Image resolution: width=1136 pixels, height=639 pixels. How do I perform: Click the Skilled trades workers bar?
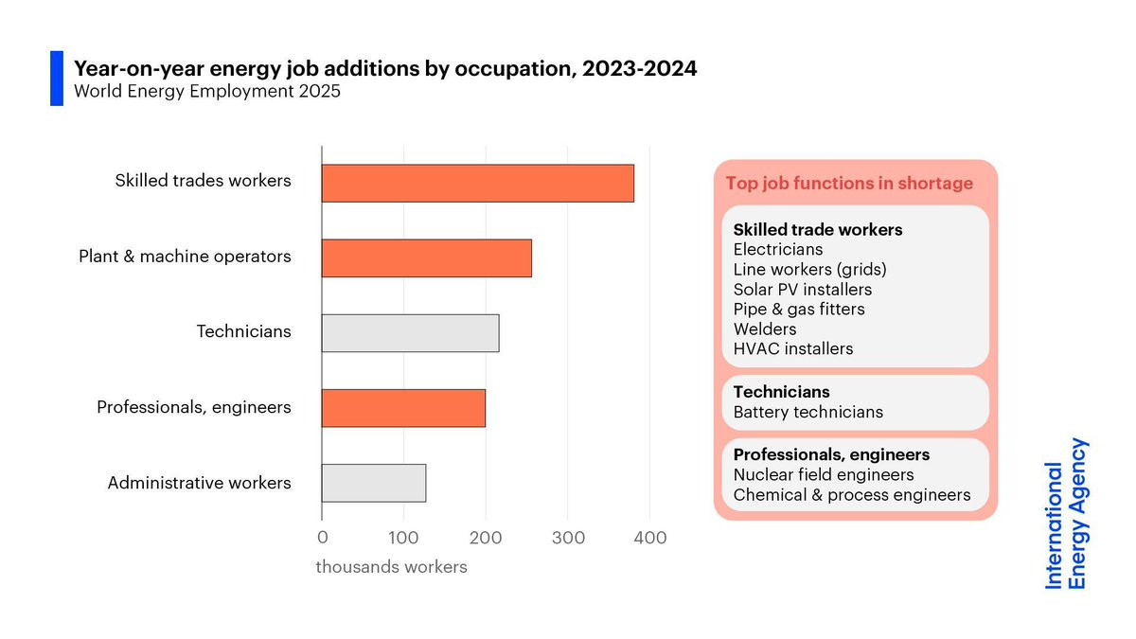pyautogui.click(x=477, y=183)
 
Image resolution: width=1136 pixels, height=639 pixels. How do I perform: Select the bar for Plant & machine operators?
pyautogui.click(x=426, y=257)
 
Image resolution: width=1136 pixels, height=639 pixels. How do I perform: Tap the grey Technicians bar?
pyautogui.click(x=410, y=332)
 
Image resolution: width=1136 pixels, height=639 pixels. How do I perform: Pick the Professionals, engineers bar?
pyautogui.click(x=403, y=407)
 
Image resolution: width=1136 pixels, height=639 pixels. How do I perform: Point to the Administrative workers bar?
pyautogui.click(x=373, y=483)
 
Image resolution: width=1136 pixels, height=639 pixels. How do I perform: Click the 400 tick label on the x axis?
pyautogui.click(x=649, y=538)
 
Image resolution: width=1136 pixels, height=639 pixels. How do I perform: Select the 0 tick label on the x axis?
pyautogui.click(x=322, y=538)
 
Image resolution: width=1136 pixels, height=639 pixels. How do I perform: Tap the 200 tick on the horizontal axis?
pyautogui.click(x=486, y=538)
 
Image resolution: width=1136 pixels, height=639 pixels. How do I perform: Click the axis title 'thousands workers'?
pyautogui.click(x=391, y=567)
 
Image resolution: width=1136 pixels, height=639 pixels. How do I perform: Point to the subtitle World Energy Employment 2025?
pyautogui.click(x=207, y=93)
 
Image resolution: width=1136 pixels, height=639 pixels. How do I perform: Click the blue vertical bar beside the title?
pyautogui.click(x=57, y=79)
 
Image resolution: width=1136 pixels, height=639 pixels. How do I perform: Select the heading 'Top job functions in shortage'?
pyautogui.click(x=849, y=184)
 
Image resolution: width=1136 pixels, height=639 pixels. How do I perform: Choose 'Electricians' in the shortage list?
pyautogui.click(x=778, y=250)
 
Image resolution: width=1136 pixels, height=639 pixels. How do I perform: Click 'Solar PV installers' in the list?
pyautogui.click(x=803, y=290)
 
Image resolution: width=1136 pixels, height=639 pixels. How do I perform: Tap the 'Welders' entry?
pyautogui.click(x=765, y=329)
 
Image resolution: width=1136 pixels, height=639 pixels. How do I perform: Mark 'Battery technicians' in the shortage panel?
pyautogui.click(x=808, y=412)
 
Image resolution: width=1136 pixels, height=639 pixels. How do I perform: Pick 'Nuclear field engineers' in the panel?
pyautogui.click(x=824, y=474)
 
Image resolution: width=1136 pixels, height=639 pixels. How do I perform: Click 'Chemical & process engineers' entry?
pyautogui.click(x=852, y=495)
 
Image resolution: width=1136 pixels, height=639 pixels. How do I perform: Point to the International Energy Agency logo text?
pyautogui.click(x=1066, y=514)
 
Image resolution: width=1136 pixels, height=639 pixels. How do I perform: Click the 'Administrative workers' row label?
pyautogui.click(x=199, y=483)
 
